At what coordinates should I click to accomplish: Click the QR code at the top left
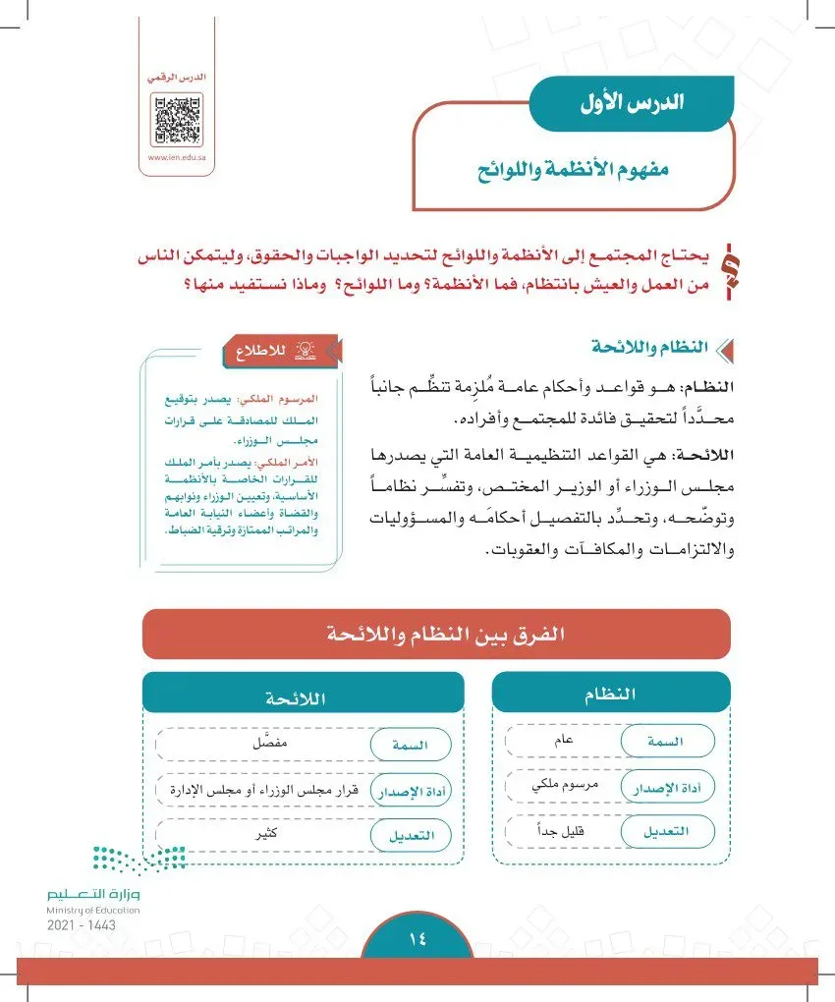coord(177,119)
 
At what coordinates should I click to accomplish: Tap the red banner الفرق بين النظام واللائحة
coord(436,633)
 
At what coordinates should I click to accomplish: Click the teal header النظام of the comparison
coord(611,694)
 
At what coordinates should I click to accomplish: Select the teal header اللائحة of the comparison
coord(303,697)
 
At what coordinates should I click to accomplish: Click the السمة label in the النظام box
coord(666,741)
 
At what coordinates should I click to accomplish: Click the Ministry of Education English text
coord(92,911)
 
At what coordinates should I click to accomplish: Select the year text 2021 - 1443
coord(80,925)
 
